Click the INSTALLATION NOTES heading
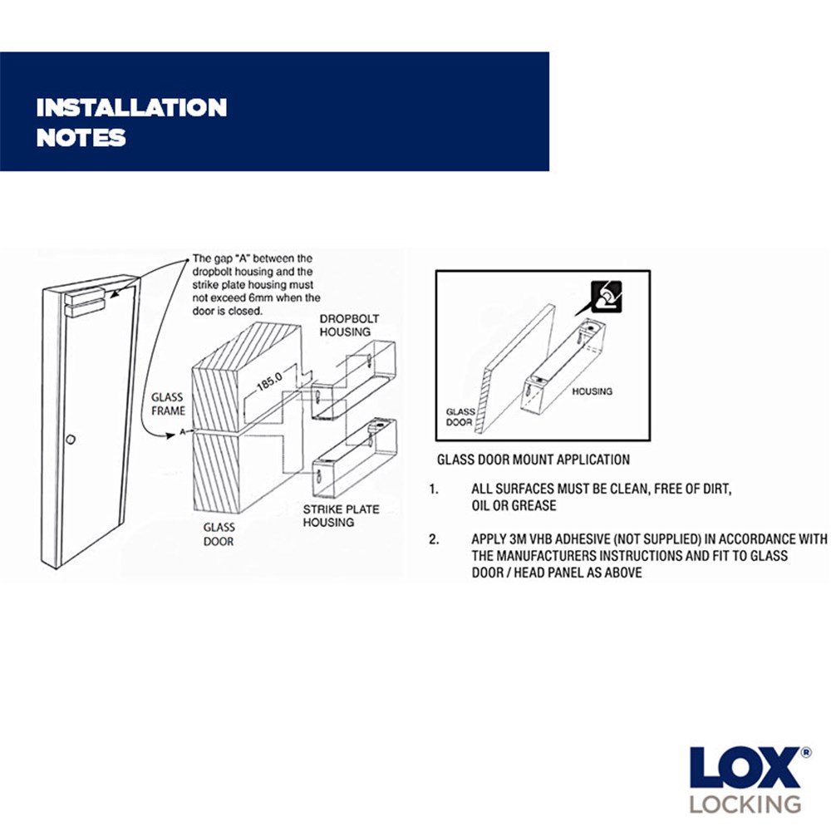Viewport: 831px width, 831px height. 131,122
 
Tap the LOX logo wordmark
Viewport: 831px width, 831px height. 745,767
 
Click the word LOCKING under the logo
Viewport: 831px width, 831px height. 745,804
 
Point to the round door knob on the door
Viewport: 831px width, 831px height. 71,440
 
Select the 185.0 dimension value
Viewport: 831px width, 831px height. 269,381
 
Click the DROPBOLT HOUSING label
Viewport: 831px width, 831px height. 349,326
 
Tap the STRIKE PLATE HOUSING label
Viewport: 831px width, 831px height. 341,516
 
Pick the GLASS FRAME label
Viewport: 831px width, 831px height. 168,404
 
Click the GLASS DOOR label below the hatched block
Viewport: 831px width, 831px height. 219,534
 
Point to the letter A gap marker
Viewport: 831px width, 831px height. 182,432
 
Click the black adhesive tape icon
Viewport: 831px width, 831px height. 607,297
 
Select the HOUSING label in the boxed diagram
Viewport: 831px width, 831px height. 592,391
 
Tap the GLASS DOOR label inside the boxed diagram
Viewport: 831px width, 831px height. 460,417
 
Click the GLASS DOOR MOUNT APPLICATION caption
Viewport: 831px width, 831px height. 534,460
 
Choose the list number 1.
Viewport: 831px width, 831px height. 434,489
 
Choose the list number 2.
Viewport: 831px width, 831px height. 434,539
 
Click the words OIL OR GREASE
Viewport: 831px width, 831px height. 514,505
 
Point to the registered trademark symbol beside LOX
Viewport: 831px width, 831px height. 805,753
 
